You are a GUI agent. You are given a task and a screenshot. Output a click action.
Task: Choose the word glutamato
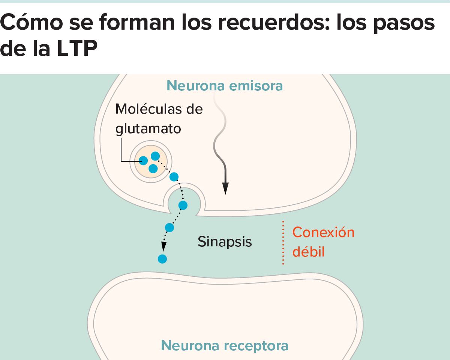(148, 129)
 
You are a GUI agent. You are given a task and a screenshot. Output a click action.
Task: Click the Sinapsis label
(225, 241)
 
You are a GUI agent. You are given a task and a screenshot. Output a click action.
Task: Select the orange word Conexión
(323, 232)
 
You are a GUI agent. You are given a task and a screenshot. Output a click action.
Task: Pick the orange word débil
(308, 252)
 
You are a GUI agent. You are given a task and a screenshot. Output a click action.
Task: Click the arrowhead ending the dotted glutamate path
(163, 246)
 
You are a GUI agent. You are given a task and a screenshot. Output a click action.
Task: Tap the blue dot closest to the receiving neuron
(162, 258)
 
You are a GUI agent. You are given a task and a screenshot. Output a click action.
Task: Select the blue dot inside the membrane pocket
(183, 205)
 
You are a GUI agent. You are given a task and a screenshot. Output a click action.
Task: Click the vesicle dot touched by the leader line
(143, 161)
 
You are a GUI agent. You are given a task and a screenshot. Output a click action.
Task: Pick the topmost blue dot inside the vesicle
(155, 156)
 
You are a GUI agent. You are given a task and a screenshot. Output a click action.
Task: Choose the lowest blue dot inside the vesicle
(153, 169)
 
